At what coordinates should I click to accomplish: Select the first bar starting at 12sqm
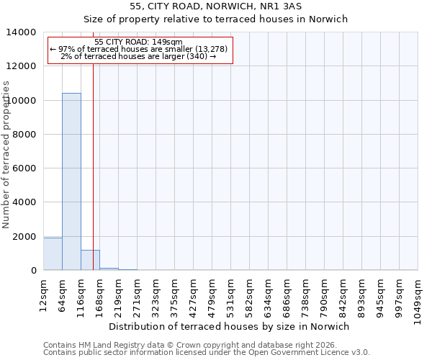point(53,253)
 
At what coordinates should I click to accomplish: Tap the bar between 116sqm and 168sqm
point(90,260)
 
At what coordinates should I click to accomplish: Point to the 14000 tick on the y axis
point(22,32)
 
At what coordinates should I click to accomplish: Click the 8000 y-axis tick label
point(25,135)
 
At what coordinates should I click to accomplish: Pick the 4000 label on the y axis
point(25,202)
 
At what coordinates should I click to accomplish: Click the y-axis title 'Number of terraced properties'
point(6,154)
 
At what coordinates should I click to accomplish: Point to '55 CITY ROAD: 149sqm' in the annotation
point(139,42)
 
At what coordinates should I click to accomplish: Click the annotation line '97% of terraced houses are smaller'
point(139,49)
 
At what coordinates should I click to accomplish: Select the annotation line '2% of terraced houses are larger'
point(139,56)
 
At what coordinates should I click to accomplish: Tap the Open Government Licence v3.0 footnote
point(207,353)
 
